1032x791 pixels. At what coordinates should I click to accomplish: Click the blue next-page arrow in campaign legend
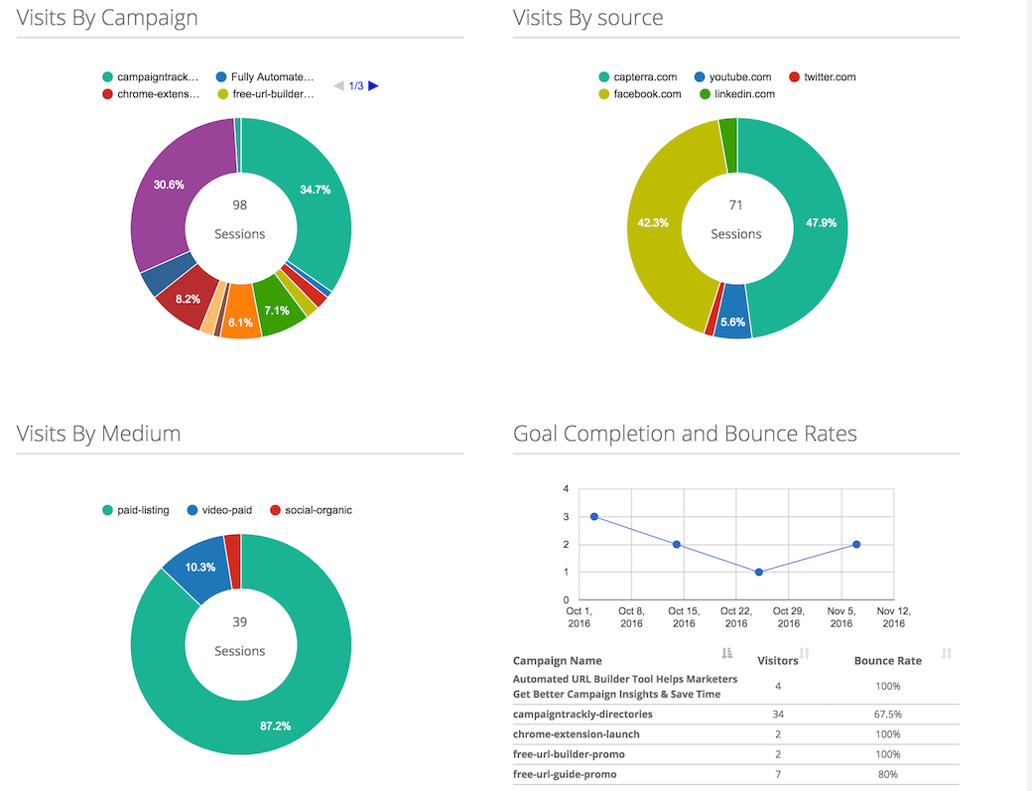point(373,85)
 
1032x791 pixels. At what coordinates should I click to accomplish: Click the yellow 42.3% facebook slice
point(660,223)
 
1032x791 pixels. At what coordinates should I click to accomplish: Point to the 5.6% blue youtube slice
point(732,323)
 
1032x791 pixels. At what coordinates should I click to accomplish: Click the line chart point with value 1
point(759,572)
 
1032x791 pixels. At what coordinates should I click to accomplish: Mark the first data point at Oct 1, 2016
point(593,516)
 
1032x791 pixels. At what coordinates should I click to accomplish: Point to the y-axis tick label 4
point(566,489)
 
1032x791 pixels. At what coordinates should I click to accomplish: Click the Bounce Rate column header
point(887,660)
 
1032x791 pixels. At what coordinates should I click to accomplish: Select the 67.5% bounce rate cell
point(887,714)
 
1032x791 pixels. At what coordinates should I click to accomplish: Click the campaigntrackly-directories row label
point(582,714)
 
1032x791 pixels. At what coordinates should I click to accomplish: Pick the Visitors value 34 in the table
point(778,714)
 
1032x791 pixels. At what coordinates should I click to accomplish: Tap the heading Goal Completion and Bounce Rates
point(685,434)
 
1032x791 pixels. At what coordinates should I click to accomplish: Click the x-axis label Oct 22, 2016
point(736,616)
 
